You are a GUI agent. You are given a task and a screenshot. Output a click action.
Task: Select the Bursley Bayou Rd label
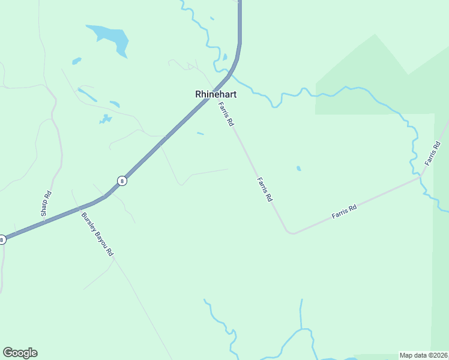click(97, 235)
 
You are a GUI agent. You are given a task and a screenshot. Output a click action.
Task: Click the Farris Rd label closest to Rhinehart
click(226, 114)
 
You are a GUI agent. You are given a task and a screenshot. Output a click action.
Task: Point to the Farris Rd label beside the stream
click(432, 153)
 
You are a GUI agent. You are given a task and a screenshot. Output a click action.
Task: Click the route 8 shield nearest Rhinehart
click(122, 181)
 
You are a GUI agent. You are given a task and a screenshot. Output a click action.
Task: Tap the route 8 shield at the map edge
click(2, 239)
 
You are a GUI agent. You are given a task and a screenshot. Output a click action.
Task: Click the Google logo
click(20, 353)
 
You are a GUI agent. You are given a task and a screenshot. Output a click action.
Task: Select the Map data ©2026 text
click(424, 355)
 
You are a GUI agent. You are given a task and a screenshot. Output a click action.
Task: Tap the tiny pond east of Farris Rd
click(298, 169)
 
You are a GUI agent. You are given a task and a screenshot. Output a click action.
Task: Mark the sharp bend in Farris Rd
click(291, 232)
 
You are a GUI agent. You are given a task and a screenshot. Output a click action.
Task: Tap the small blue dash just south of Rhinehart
click(200, 133)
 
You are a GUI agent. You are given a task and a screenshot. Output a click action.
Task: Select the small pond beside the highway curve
click(224, 58)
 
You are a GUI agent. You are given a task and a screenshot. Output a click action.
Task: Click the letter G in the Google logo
click(8, 353)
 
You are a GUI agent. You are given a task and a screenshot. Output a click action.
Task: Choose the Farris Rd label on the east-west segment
click(345, 211)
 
